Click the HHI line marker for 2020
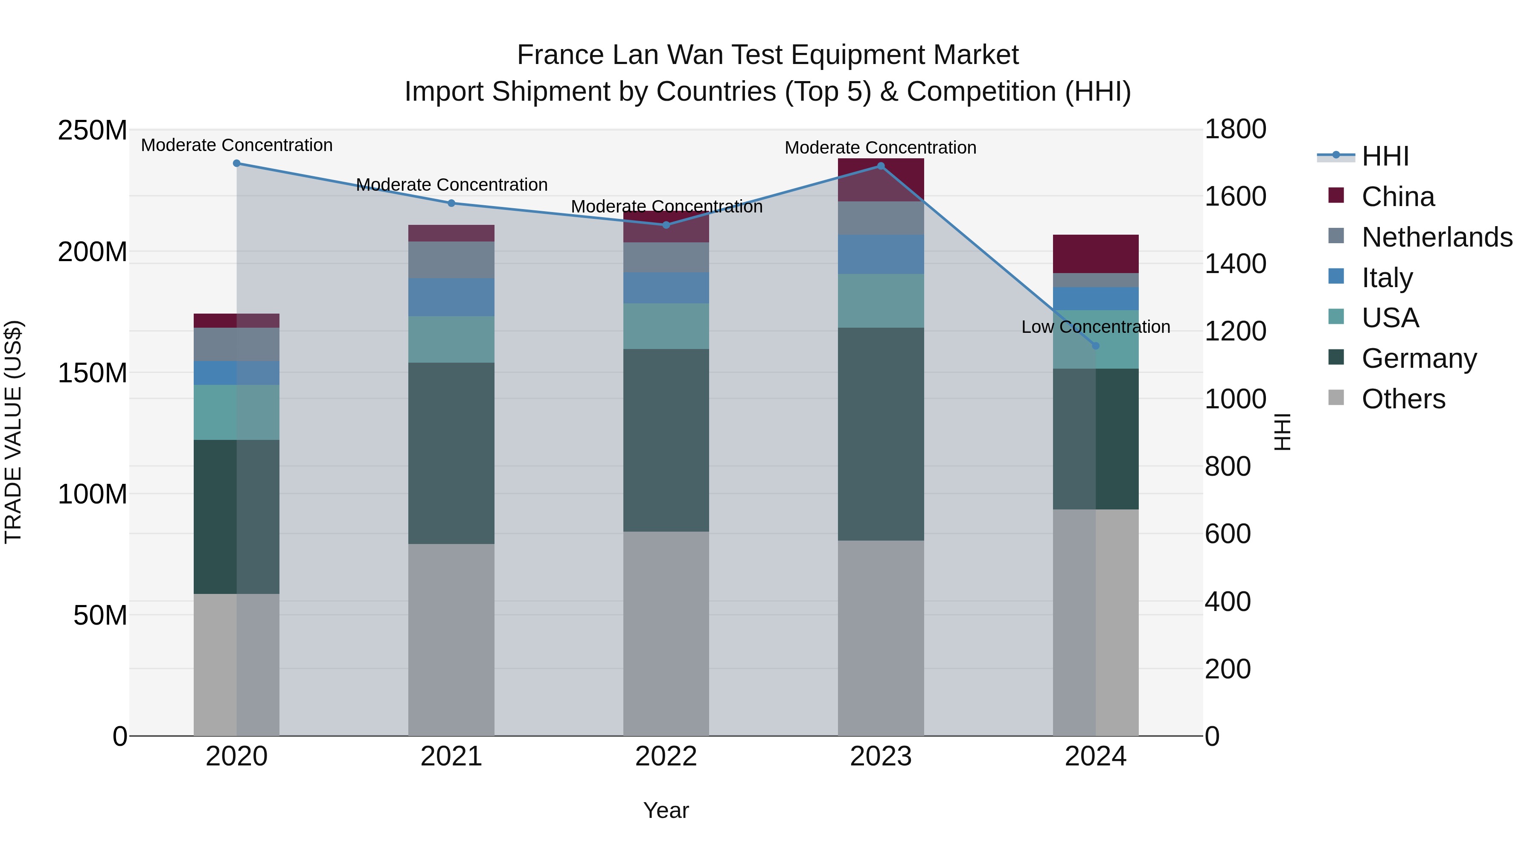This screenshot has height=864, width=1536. tap(237, 163)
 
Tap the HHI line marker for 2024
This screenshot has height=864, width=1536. tap(1095, 346)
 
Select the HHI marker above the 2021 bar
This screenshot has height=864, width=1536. tap(451, 204)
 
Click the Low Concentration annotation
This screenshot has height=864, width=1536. tap(1095, 327)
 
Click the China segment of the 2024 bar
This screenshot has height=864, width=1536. tap(1095, 254)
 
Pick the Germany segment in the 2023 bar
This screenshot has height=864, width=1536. tap(881, 434)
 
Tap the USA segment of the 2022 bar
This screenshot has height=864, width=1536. tap(666, 326)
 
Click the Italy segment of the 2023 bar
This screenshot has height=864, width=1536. tap(881, 255)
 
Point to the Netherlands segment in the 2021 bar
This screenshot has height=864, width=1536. tap(451, 260)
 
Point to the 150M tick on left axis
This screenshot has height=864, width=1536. tap(93, 373)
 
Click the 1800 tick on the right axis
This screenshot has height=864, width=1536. tap(1235, 129)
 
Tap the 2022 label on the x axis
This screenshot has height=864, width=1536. tap(666, 756)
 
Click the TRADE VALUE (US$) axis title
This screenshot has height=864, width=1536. tap(14, 432)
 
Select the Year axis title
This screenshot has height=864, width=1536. tap(666, 810)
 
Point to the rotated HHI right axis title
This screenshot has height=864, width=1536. tap(1283, 432)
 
